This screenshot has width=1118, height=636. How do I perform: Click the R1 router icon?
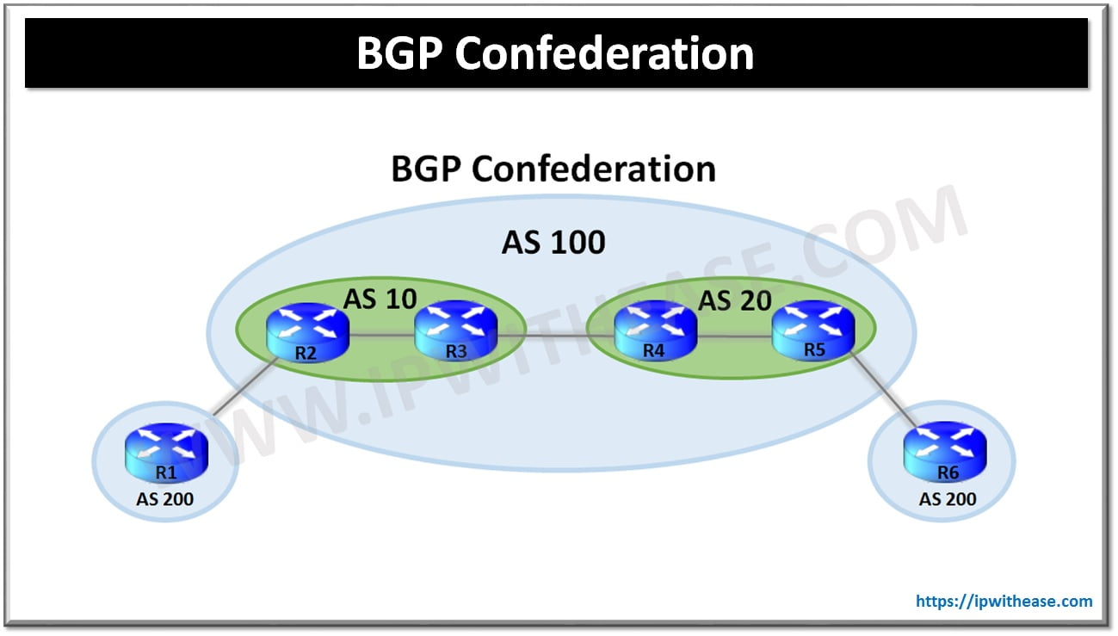click(x=165, y=454)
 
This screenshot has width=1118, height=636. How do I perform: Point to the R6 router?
click(x=945, y=453)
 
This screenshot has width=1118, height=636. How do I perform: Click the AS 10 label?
click(x=380, y=299)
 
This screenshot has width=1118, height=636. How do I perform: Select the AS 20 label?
click(x=734, y=300)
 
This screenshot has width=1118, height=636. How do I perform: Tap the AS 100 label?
click(x=553, y=242)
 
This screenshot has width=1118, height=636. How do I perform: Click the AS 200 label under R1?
click(x=165, y=498)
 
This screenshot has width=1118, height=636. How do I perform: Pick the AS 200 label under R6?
click(x=948, y=498)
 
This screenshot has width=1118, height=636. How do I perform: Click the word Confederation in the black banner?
click(x=604, y=53)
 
